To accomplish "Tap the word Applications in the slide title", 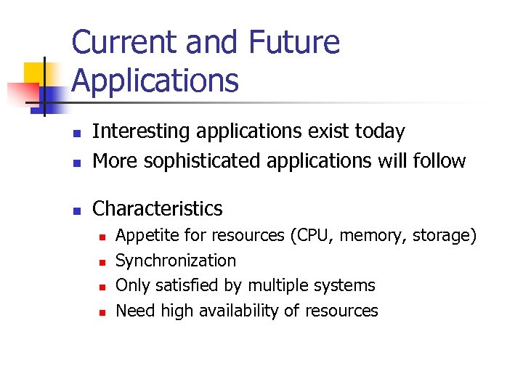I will [155, 81].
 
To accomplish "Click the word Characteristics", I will [158, 208].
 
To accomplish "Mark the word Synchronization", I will [176, 261].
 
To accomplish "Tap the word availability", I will [238, 311].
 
